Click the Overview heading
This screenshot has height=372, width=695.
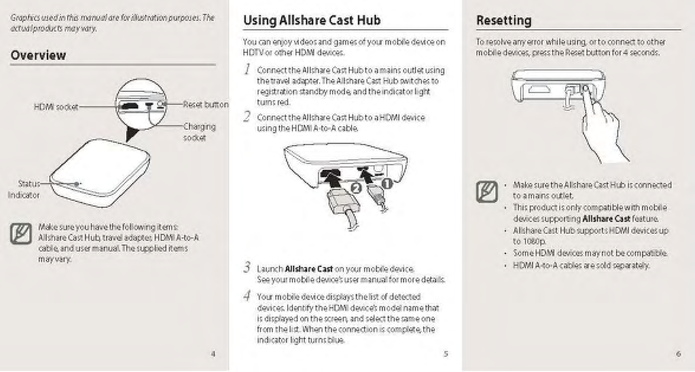38,55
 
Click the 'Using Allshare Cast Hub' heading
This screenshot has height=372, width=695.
311,20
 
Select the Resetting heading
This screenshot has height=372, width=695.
503,20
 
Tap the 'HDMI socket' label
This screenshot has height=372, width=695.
56,107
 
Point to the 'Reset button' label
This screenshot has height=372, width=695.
205,104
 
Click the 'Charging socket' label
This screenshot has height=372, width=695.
199,132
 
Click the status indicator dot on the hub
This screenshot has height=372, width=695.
77,184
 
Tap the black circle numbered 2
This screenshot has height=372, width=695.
356,188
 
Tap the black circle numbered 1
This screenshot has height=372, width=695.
387,183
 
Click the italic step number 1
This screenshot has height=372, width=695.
247,69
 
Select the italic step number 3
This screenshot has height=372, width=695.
247,268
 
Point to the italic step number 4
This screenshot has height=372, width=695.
247,296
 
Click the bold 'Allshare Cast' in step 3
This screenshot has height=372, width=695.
309,269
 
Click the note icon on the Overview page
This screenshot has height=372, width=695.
21,233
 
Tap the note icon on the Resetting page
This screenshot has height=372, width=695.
487,192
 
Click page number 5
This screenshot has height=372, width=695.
445,354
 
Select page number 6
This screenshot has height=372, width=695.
678,354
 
